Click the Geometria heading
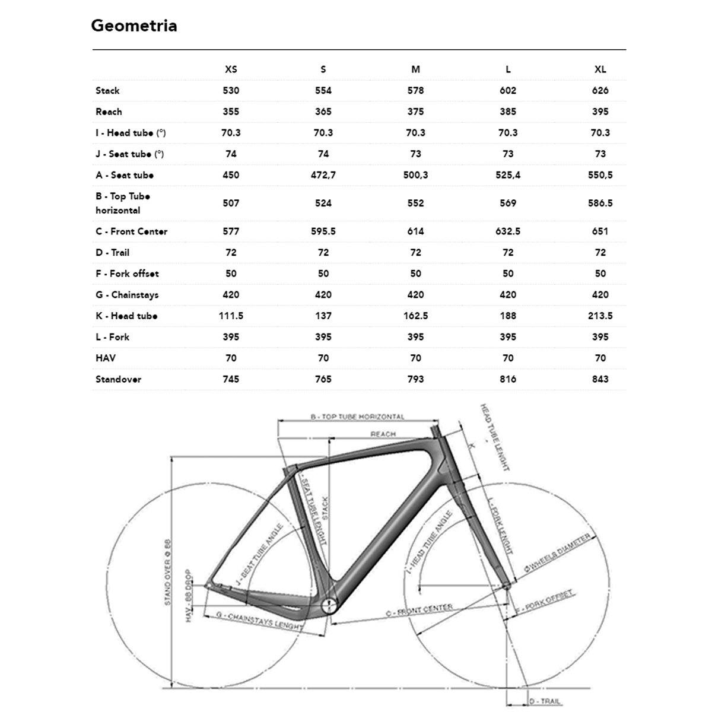133,26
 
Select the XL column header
600,69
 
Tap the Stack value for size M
415,91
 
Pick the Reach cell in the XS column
231,112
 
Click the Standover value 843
600,379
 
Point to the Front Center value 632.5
508,231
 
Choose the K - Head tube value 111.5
231,316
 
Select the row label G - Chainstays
127,295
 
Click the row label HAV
106,358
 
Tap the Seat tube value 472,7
323,175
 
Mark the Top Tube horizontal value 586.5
600,203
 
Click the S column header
323,69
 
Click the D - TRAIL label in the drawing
544,701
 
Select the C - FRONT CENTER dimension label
419,610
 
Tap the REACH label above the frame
383,434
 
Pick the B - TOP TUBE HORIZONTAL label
357,417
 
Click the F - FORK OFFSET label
545,602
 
